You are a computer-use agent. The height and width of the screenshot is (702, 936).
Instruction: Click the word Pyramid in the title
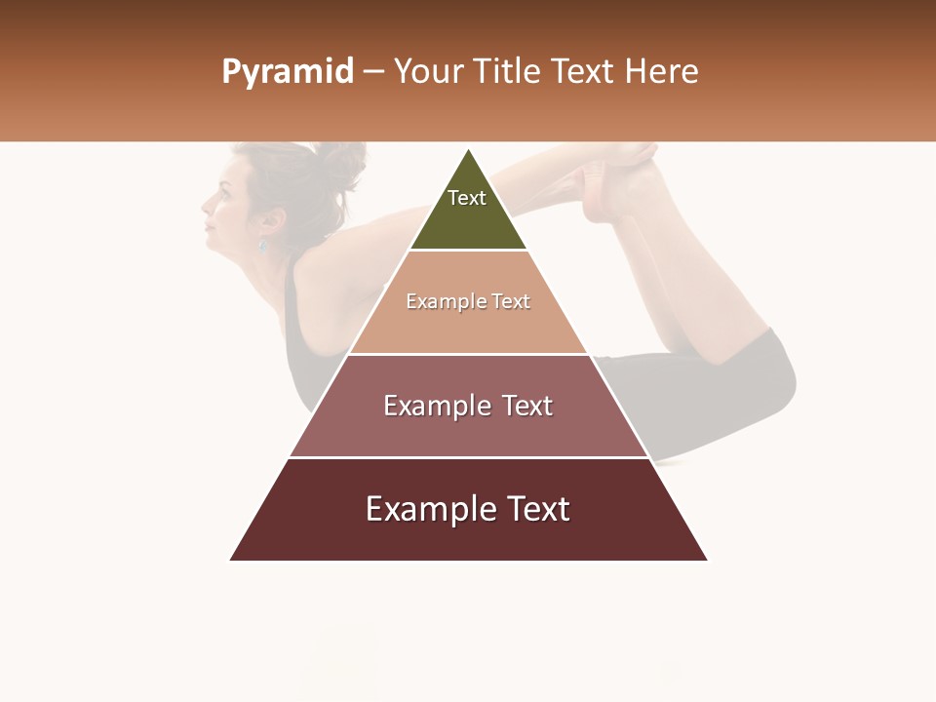288,72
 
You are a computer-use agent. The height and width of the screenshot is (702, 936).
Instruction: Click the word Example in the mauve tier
435,406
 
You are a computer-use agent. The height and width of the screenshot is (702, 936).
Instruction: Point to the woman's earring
262,246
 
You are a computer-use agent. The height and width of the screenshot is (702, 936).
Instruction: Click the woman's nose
205,205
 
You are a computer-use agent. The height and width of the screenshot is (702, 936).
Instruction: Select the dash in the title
373,72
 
